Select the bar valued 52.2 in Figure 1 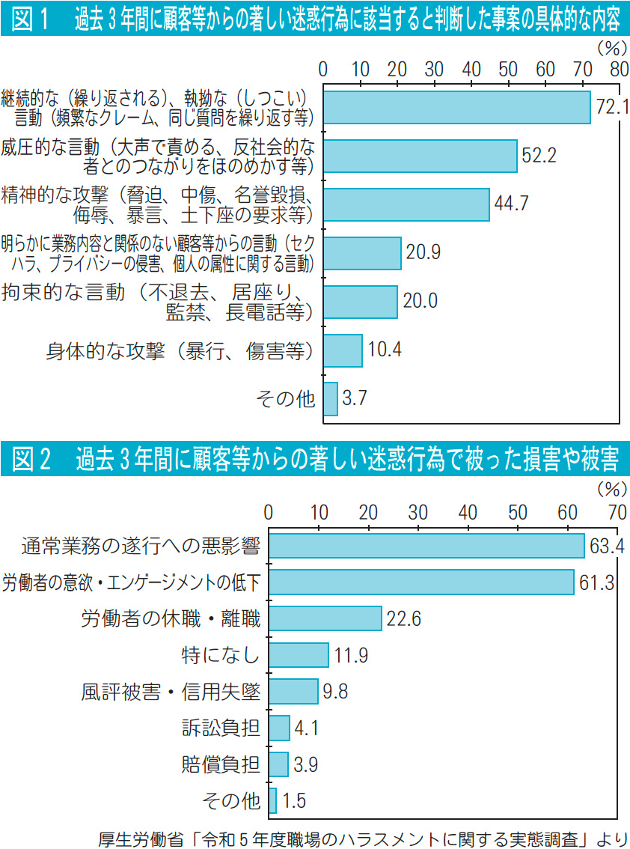coord(420,156)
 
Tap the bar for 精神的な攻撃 coord(406,204)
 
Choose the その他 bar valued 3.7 coord(330,399)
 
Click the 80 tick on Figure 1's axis coord(618,69)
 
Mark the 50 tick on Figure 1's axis coord(508,69)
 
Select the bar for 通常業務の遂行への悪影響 coord(426,546)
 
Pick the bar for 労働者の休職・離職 coord(325,618)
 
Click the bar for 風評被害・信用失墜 coord(293,691)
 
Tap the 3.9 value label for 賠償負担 coord(305,764)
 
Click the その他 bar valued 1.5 coord(272,800)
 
